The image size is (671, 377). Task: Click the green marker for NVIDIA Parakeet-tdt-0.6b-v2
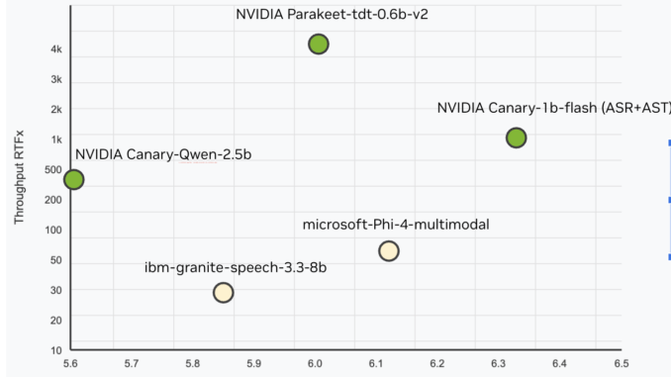(x=318, y=44)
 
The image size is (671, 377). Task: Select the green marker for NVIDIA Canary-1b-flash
(x=516, y=138)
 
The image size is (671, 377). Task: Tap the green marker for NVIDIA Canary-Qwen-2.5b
(x=73, y=179)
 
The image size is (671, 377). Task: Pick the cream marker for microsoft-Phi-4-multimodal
(x=389, y=250)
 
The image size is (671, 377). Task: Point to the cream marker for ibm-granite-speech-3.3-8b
(x=224, y=292)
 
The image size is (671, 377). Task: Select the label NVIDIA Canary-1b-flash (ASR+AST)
(x=553, y=107)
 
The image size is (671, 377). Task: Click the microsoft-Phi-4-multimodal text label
(x=396, y=225)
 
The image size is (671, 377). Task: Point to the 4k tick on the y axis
(x=57, y=48)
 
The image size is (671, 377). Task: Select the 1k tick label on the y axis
(x=57, y=140)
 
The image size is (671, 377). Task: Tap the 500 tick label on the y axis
(x=54, y=169)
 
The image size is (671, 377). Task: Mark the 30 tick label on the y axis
(x=55, y=290)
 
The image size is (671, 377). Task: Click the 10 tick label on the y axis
(x=56, y=350)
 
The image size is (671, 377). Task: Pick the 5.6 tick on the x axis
(x=71, y=364)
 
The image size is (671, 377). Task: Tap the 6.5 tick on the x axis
(x=621, y=364)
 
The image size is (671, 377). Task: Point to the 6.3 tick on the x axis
(x=499, y=364)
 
